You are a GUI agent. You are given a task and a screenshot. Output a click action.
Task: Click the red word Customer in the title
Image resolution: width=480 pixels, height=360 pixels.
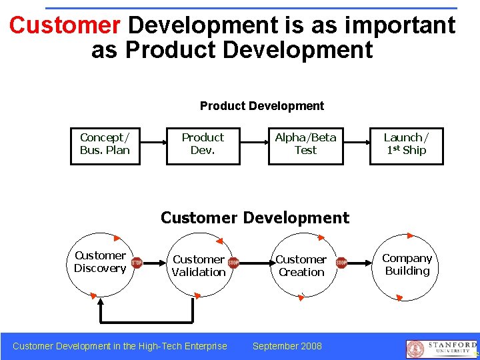pyautogui.click(x=64, y=25)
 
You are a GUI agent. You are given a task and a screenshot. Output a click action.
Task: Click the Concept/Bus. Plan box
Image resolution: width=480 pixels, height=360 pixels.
pyautogui.click(x=105, y=144)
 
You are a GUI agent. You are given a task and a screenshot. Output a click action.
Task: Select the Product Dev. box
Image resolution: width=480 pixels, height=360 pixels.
pyautogui.click(x=203, y=144)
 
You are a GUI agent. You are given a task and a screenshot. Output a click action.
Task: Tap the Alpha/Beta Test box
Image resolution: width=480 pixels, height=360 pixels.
pyautogui.click(x=305, y=144)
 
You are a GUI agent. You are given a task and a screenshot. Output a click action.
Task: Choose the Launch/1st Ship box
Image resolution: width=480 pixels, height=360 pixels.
pyautogui.click(x=406, y=144)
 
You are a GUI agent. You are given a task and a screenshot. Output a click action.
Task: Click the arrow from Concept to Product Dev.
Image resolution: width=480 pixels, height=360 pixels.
pyautogui.click(x=153, y=144)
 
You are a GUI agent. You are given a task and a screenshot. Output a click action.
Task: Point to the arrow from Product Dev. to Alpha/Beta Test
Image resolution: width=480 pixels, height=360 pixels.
pyautogui.click(x=253, y=144)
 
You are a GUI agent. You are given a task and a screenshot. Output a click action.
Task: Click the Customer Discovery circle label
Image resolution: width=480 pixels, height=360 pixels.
pyautogui.click(x=100, y=262)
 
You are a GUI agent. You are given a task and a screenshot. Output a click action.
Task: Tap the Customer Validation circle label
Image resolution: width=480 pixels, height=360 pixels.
pyautogui.click(x=199, y=265)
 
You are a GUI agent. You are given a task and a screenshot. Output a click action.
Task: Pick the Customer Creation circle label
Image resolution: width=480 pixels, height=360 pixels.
pyautogui.click(x=301, y=265)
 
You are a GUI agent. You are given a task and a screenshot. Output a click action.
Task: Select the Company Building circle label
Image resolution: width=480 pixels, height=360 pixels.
pyautogui.click(x=407, y=264)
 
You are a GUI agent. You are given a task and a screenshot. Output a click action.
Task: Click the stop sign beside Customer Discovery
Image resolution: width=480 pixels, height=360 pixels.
pyautogui.click(x=136, y=263)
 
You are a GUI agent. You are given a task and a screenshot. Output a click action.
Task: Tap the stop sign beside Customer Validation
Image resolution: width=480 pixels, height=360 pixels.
pyautogui.click(x=233, y=263)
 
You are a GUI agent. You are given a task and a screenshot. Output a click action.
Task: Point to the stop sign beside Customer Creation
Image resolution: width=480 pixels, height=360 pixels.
pyautogui.click(x=341, y=263)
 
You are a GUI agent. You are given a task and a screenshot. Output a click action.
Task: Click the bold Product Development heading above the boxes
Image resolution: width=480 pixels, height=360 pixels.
pyautogui.click(x=261, y=106)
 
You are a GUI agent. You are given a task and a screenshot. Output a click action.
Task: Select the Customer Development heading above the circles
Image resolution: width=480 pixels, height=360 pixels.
pyautogui.click(x=255, y=218)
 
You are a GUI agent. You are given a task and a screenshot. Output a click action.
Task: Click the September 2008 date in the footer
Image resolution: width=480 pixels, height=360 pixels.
pyautogui.click(x=287, y=346)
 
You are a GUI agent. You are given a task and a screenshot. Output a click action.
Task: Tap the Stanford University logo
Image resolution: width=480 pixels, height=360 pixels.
pyautogui.click(x=441, y=349)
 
